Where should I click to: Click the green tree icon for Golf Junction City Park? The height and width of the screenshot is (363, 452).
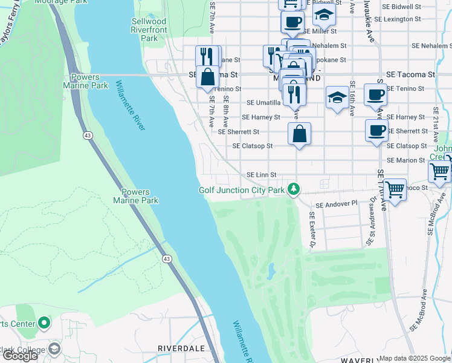(x=294, y=190)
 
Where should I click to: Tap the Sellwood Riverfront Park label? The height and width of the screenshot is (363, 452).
(x=141, y=30)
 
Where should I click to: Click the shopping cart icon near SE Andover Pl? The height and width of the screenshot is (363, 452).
(x=395, y=191)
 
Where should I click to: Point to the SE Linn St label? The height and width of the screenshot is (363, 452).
(x=261, y=175)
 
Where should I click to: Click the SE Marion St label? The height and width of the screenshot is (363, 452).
(x=406, y=160)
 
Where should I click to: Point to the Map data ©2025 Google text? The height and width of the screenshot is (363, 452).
(x=415, y=358)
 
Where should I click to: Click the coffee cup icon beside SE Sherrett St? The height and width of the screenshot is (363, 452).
(x=376, y=131)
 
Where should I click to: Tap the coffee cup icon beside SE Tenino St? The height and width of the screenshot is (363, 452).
(x=375, y=95)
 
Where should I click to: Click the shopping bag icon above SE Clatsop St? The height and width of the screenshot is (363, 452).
(x=299, y=134)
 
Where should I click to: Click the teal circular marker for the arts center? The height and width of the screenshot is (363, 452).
(x=44, y=323)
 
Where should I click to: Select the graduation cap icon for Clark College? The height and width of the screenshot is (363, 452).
(x=54, y=349)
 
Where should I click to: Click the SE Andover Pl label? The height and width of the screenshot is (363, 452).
(x=334, y=204)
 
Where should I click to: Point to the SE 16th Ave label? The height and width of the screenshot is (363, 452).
(x=351, y=98)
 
